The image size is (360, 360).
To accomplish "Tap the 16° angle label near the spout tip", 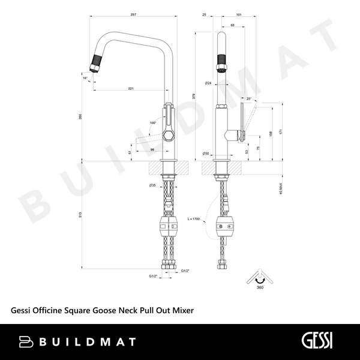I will tap(85, 77).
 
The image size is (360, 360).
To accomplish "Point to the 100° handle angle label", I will tap(153, 123).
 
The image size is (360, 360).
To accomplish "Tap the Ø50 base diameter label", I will tap(206, 154).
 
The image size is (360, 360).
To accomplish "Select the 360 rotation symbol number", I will tap(259, 288).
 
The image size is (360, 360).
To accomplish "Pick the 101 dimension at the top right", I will tap(239, 14).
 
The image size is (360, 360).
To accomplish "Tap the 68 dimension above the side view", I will tap(233, 25).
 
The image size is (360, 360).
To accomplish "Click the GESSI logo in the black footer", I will tap(314, 341).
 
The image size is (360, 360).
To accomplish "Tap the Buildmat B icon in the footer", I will tap(26, 342).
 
